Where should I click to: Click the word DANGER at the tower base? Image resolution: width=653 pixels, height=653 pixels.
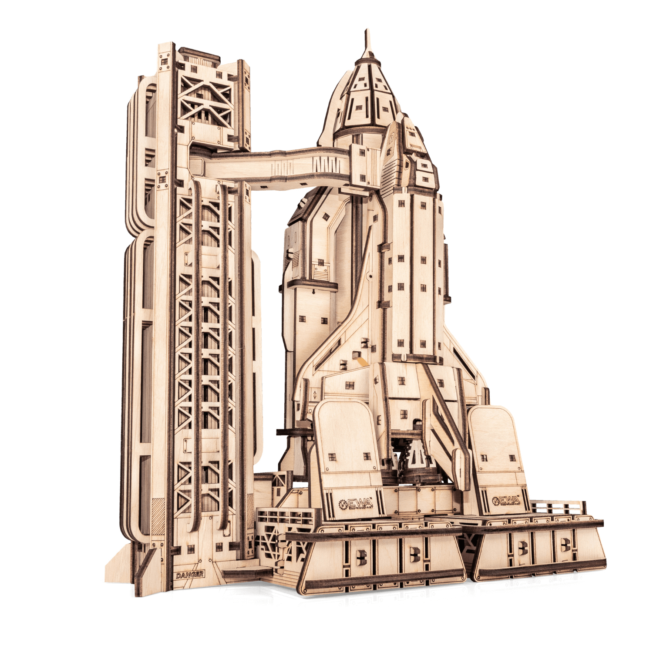click(x=190, y=575)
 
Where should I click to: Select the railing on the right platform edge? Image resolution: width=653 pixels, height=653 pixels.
click(x=557, y=508)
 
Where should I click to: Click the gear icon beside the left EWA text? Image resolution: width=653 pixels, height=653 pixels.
click(x=343, y=504)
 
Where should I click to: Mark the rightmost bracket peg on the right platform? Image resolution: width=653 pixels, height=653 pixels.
click(x=565, y=544)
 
